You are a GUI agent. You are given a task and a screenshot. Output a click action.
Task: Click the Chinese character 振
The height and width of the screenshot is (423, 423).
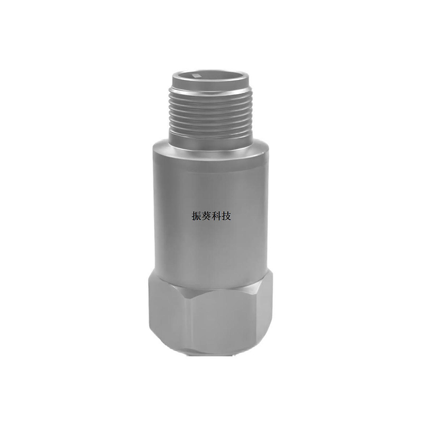196,216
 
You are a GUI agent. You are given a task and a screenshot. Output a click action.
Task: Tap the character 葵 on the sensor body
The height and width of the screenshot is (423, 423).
206,216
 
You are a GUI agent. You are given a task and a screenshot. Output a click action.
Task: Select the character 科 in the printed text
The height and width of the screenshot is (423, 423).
216,216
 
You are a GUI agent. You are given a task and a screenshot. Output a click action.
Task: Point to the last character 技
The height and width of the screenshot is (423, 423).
226,216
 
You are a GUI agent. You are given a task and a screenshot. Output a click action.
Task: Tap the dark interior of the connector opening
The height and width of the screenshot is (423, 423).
210,76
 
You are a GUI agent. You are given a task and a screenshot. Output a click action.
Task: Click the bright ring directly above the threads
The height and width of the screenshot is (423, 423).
210,91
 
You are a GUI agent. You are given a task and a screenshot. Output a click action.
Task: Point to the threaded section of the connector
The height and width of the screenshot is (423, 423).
210,113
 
